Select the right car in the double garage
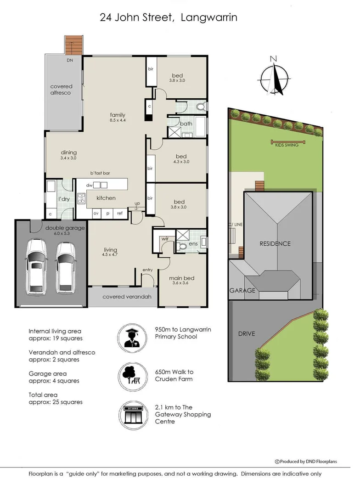(67, 266)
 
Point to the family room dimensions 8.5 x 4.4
(118, 120)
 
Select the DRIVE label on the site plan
(246, 333)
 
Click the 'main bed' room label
(181, 277)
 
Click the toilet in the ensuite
(182, 246)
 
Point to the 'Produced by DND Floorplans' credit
(305, 461)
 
